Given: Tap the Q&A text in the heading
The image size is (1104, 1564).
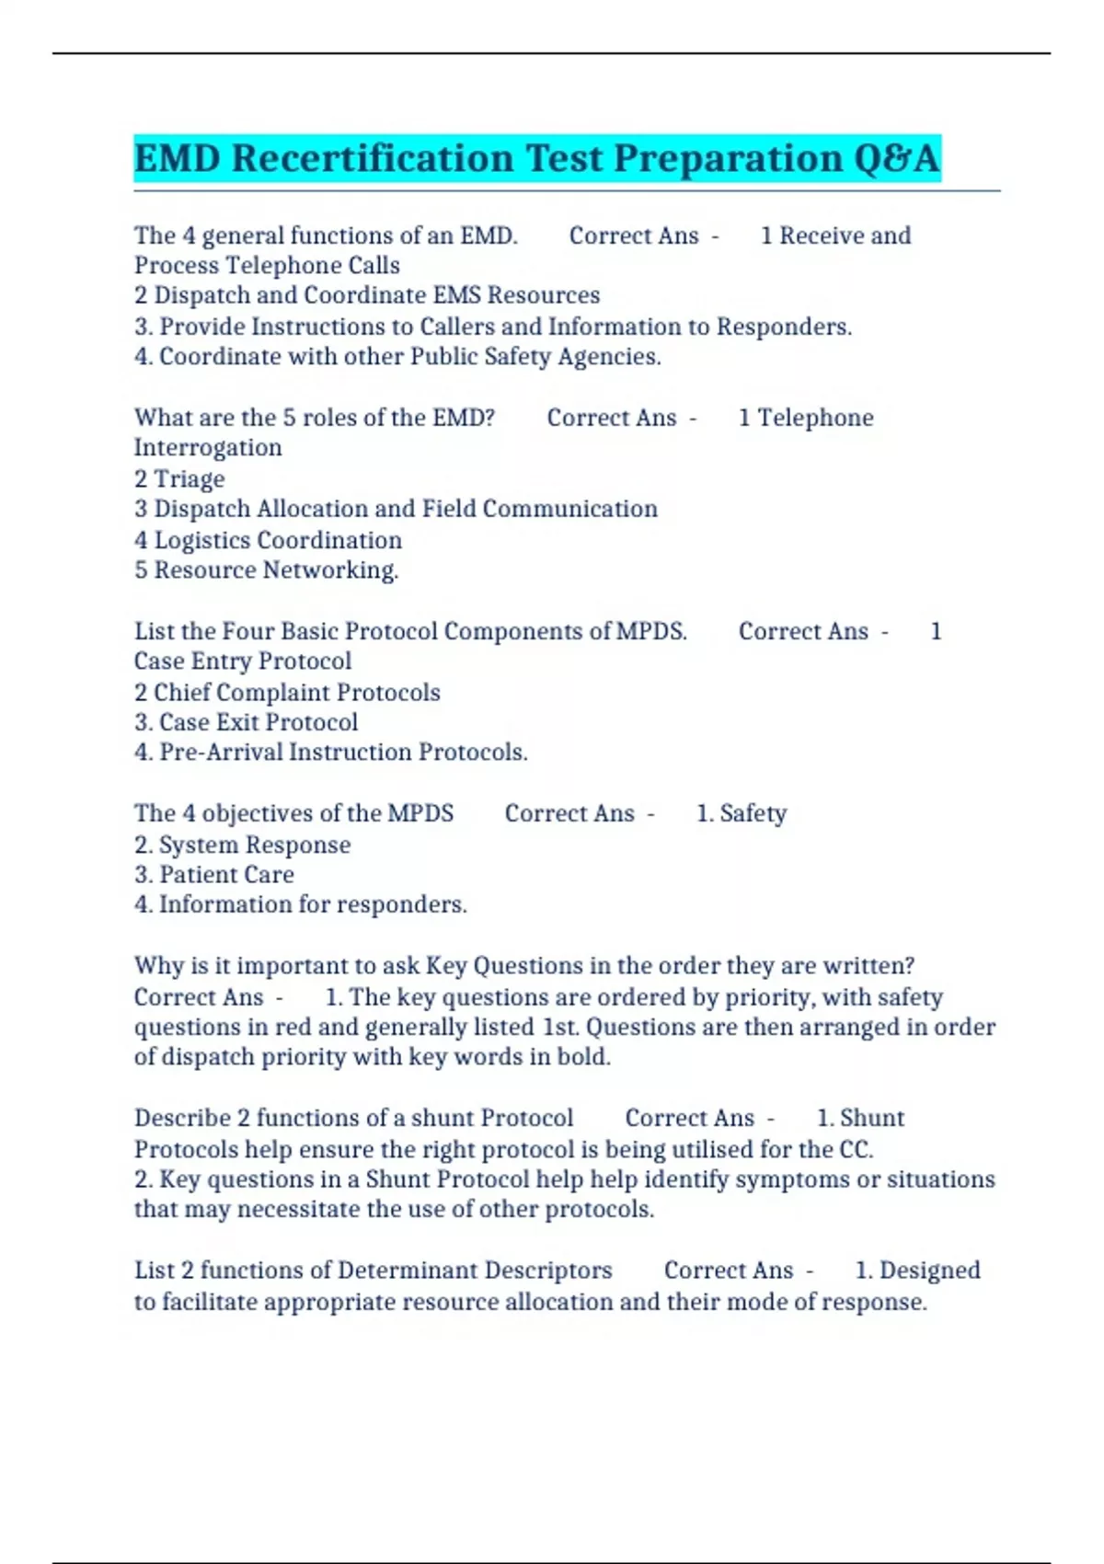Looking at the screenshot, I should (x=896, y=158).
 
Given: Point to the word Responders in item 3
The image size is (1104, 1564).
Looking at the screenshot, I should (x=783, y=327).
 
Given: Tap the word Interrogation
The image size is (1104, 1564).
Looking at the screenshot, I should (x=208, y=448).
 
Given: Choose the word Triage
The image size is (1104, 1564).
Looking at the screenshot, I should (x=189, y=479).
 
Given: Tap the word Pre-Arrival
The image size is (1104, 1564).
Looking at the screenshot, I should (x=221, y=753).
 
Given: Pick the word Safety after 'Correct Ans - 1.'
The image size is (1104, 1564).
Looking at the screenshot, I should (x=753, y=814).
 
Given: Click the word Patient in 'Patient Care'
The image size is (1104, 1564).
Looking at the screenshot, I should (x=192, y=875).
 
